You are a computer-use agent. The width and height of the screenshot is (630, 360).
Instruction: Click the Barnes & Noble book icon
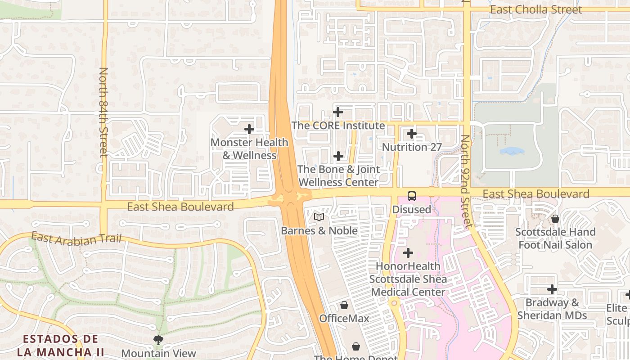(319, 217)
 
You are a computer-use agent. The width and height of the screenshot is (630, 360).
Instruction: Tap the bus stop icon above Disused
(412, 196)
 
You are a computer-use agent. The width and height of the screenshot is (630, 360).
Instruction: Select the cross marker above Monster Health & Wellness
(249, 130)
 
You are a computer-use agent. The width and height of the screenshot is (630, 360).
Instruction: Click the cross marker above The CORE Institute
(338, 112)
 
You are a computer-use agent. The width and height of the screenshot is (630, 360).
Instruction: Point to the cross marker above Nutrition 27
(412, 134)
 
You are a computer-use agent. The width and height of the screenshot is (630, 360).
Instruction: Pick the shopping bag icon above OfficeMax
(344, 305)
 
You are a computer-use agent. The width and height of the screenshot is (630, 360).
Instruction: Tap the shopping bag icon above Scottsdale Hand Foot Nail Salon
(555, 219)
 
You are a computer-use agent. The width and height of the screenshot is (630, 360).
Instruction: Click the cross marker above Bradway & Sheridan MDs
(552, 289)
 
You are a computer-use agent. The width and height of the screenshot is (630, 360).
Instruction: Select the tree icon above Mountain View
(158, 340)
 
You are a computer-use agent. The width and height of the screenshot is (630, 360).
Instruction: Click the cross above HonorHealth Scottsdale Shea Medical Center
(408, 253)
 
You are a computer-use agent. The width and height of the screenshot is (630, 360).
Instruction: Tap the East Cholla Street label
(535, 9)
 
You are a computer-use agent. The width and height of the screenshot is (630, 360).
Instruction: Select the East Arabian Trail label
(76, 238)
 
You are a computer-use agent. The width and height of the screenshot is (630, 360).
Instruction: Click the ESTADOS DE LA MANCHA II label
(61, 345)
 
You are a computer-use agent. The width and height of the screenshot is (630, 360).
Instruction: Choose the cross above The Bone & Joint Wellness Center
(338, 156)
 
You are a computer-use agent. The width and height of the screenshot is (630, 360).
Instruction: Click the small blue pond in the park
(512, 151)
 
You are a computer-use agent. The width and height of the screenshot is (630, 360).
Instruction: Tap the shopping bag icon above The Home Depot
(356, 346)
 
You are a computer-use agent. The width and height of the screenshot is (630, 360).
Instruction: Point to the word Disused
(411, 210)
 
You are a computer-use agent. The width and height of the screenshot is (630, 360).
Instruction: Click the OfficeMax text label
(344, 319)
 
